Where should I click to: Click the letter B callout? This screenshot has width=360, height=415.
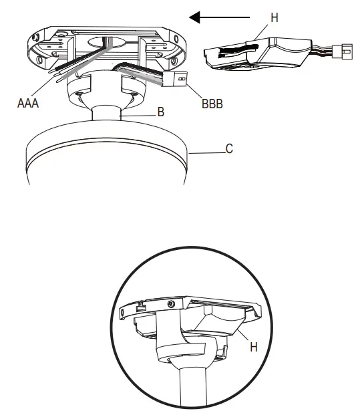point(160,113)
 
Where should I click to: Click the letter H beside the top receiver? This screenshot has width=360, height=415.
point(273,18)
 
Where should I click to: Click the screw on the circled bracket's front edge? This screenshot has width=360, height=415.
point(171,304)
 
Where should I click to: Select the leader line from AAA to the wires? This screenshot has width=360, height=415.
point(45,86)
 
